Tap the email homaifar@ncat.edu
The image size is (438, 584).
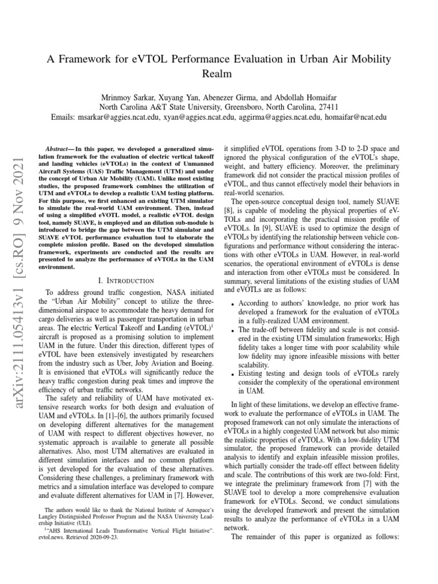pyautogui.click(x=355, y=117)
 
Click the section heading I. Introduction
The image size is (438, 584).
pyautogui.click(x=126, y=281)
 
